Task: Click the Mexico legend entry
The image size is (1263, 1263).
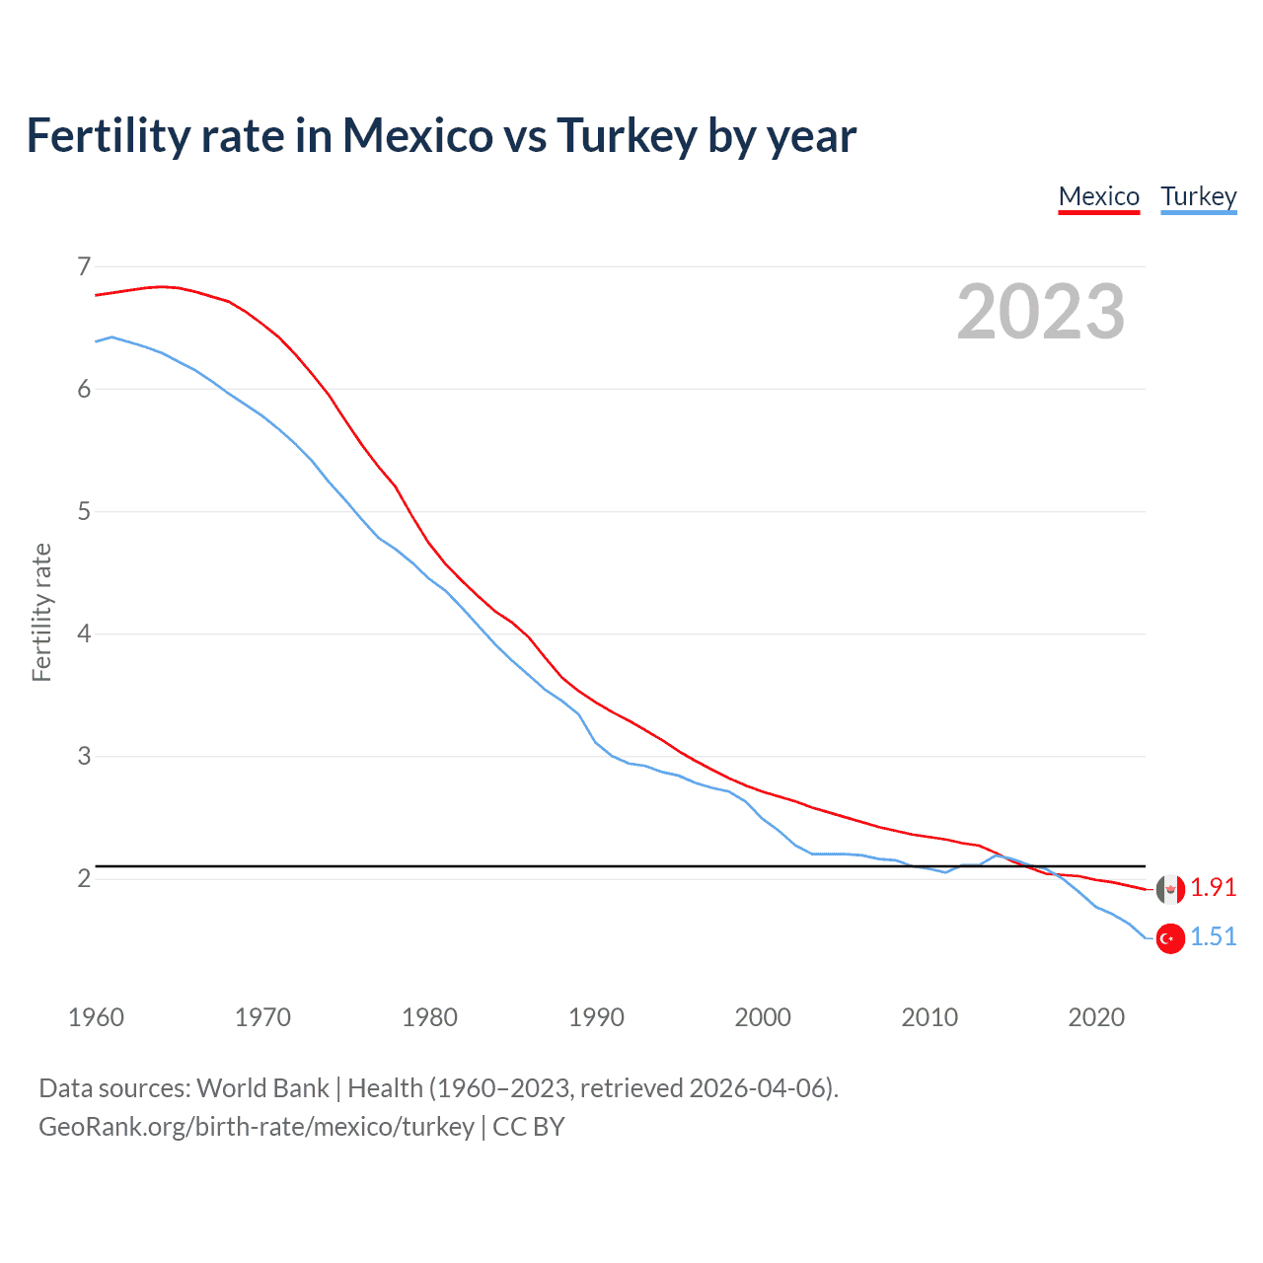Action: click(x=1098, y=196)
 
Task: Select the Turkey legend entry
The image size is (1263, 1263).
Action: click(x=1198, y=196)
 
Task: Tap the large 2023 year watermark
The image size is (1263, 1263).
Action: click(x=1040, y=312)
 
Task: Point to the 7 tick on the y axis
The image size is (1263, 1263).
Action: click(x=84, y=266)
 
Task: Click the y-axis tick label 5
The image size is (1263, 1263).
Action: click(x=84, y=511)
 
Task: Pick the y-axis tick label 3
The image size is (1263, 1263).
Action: click(x=84, y=756)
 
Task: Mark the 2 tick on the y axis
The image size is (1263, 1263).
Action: click(x=84, y=878)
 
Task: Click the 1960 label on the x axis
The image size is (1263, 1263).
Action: click(x=96, y=1017)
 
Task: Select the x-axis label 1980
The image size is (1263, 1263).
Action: click(x=429, y=1017)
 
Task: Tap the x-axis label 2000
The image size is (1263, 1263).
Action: click(x=763, y=1017)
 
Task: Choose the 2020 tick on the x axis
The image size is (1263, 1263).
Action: click(x=1096, y=1017)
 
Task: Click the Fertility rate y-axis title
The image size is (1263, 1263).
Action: click(x=41, y=612)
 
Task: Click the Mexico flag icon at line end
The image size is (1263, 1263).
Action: click(x=1170, y=889)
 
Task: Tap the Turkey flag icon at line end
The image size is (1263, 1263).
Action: click(x=1170, y=938)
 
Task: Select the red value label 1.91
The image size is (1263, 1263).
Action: click(x=1213, y=888)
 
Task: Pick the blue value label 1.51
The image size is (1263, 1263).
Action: click(x=1213, y=937)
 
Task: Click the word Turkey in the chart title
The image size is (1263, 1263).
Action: click(x=627, y=136)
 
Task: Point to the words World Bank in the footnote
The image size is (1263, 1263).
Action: click(x=262, y=1088)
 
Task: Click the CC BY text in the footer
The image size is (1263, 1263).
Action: click(x=529, y=1127)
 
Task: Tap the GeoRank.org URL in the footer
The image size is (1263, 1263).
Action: click(x=257, y=1127)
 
